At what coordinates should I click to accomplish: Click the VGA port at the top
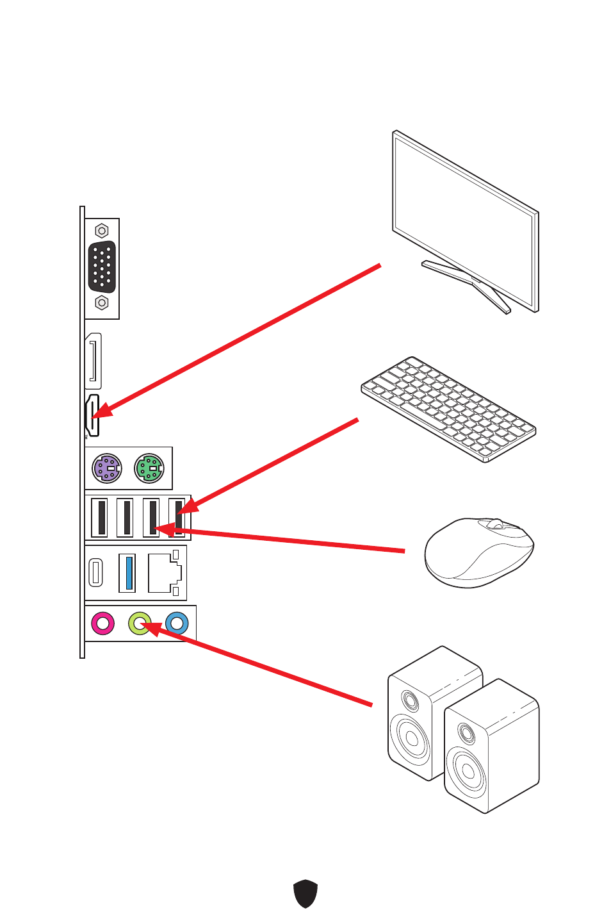tap(102, 267)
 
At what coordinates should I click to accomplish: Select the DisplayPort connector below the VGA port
tap(94, 361)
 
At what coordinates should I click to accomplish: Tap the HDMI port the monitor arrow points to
tap(93, 417)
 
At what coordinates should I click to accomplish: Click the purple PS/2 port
tap(107, 468)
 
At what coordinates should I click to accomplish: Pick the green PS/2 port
tap(149, 468)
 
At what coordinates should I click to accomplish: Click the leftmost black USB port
tap(100, 517)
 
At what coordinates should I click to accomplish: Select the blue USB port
tap(127, 572)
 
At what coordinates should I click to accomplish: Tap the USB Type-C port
tap(96, 572)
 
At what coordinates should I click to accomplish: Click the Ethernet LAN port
tap(163, 573)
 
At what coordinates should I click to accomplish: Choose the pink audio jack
tap(102, 623)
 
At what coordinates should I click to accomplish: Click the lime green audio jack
tap(140, 623)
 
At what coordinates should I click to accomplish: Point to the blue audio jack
tap(177, 623)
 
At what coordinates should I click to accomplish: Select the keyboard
tap(448, 408)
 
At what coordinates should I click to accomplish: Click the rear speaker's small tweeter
tap(410, 700)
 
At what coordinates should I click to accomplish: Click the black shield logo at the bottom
tap(305, 893)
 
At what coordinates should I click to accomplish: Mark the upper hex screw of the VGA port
tap(102, 231)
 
